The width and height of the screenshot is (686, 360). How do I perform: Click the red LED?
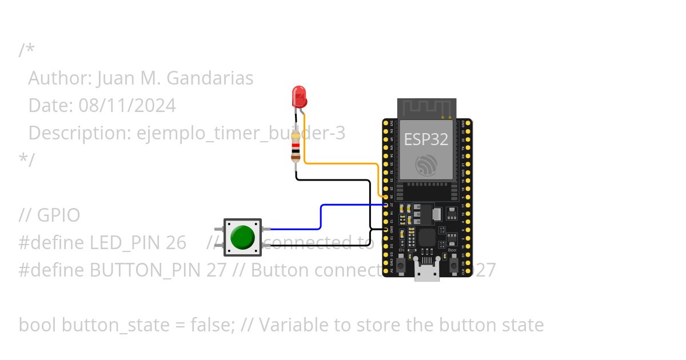tap(298, 97)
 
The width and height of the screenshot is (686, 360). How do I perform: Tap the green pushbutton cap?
tap(242, 237)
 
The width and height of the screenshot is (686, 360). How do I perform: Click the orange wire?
tap(343, 163)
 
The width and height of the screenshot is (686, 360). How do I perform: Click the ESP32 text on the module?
tap(426, 139)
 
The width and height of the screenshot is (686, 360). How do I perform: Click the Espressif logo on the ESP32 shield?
tap(426, 165)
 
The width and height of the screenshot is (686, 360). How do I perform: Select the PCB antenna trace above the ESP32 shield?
tap(426, 108)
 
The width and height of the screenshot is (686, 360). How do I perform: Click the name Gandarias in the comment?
tap(214, 78)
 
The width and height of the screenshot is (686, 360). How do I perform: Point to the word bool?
tap(37, 325)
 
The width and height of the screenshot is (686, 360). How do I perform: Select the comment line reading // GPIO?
tap(50, 215)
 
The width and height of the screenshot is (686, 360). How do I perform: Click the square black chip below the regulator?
tap(428, 238)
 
